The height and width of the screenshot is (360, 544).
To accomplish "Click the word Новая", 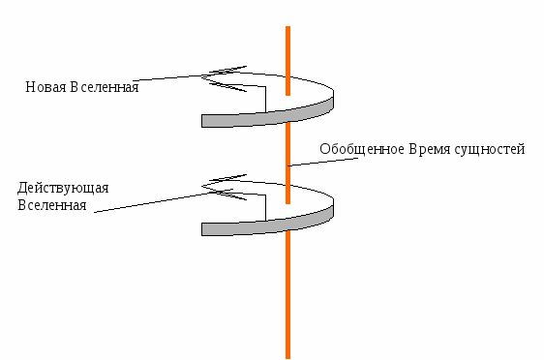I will click(45, 88).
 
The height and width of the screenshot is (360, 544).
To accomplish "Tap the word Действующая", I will click(57, 188).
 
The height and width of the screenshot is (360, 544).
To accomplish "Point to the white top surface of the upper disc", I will click(310, 97).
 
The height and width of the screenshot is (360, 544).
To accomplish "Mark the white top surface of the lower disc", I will click(310, 205).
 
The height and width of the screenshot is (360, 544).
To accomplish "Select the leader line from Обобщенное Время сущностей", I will click(305, 162).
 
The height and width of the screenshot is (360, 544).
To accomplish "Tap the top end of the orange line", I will click(287, 28).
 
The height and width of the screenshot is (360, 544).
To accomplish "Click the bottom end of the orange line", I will click(287, 355).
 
